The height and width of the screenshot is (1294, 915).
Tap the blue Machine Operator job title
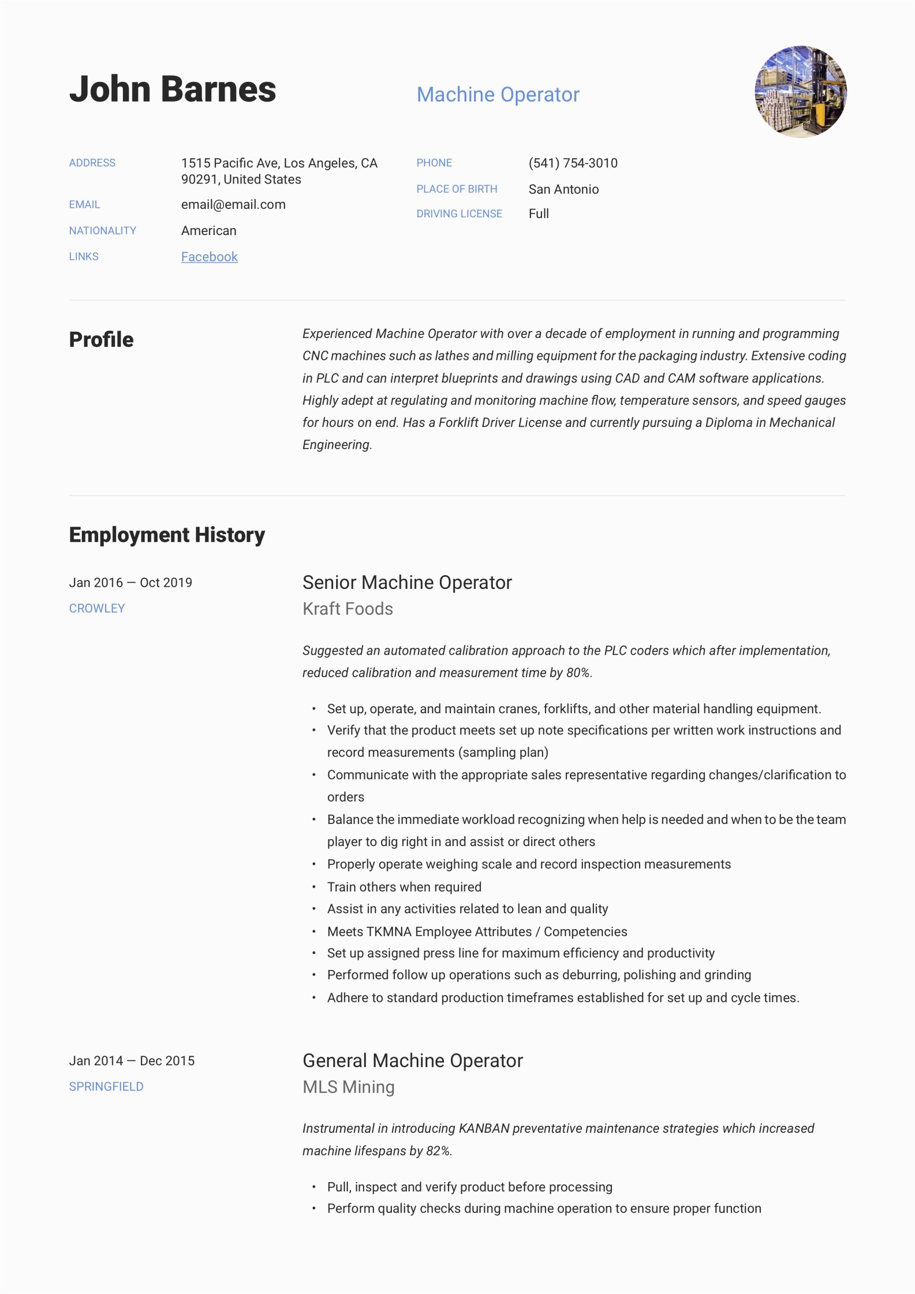(x=498, y=95)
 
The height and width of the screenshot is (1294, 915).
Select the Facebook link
(x=209, y=257)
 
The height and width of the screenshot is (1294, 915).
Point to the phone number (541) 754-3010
(x=573, y=163)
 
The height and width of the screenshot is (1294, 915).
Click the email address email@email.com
(x=233, y=205)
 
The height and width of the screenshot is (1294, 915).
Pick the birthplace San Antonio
(x=563, y=190)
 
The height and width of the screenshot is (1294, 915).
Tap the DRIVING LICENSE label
(x=459, y=214)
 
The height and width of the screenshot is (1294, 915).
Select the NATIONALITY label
(x=103, y=230)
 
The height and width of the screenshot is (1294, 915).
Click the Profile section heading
(x=102, y=340)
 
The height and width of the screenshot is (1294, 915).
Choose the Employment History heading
(x=167, y=535)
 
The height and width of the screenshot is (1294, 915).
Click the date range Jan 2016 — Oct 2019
(x=130, y=583)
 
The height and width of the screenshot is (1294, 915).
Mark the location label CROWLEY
(x=97, y=609)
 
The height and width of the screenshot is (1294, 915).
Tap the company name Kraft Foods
(x=347, y=609)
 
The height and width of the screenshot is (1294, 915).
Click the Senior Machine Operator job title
(x=407, y=583)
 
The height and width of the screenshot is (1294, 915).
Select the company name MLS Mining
(x=348, y=1087)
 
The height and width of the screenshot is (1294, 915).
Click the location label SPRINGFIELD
(x=106, y=1087)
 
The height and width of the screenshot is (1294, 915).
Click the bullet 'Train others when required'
(x=404, y=887)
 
